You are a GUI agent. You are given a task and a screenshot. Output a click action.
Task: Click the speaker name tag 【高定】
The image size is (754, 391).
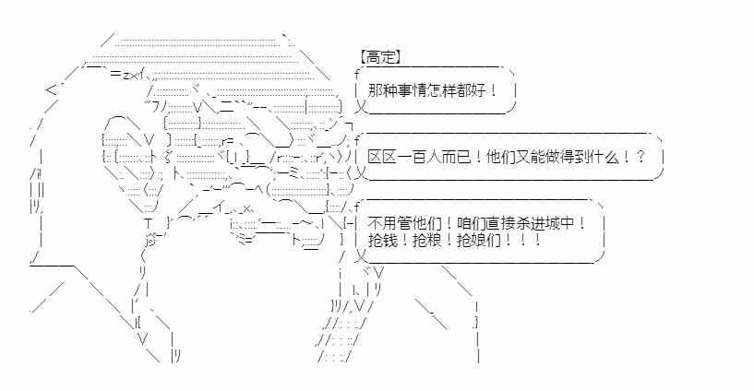[x=379, y=57]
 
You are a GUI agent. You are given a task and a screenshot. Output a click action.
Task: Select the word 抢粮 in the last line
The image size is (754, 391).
[x=426, y=240]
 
